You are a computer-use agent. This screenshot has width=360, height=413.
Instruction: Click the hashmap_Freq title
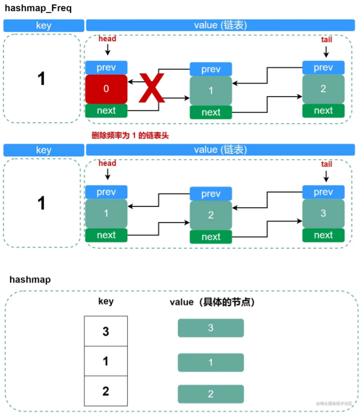(38, 9)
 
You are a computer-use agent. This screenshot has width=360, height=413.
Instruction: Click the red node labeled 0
(106, 89)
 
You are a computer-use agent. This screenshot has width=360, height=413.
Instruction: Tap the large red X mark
(152, 88)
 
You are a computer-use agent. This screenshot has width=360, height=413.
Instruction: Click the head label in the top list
(107, 38)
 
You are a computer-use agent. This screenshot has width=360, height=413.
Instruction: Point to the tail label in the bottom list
(326, 164)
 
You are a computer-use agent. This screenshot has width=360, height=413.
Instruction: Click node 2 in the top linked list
(323, 89)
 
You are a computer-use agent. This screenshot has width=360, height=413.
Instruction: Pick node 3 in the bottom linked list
(323, 213)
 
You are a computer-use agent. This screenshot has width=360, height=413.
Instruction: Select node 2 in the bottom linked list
(211, 215)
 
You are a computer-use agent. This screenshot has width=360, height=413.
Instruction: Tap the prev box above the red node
(106, 67)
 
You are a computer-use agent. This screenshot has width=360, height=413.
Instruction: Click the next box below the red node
(106, 111)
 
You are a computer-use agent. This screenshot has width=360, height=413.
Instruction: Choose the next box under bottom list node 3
(323, 235)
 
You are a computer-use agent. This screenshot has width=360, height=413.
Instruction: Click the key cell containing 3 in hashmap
(105, 331)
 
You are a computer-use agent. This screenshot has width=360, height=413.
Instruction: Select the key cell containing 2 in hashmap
(105, 391)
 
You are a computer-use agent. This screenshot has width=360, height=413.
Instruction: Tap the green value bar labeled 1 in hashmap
(210, 362)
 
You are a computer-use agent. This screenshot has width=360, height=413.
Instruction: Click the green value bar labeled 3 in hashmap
(210, 328)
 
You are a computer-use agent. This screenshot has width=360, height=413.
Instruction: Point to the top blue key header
(43, 26)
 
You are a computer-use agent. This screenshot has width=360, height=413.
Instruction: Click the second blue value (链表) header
(220, 150)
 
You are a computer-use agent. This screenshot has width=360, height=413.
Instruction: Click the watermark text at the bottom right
(334, 403)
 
